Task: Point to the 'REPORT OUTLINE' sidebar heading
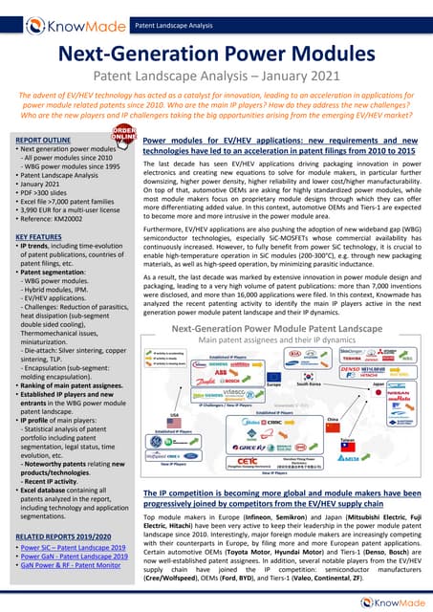tap(43, 140)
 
